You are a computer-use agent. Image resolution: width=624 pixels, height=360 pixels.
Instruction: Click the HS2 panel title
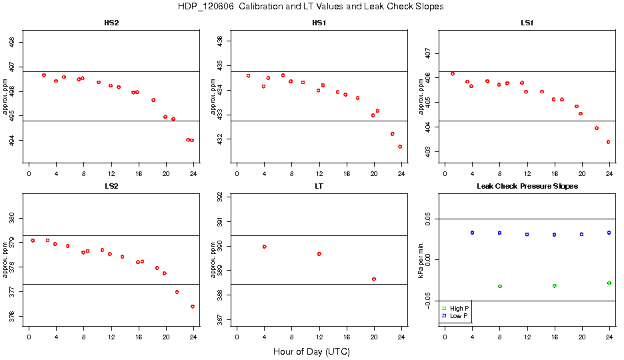(x=112, y=23)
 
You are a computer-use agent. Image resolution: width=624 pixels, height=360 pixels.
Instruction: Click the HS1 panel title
(x=319, y=23)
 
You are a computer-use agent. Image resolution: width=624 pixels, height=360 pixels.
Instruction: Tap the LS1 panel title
(x=527, y=23)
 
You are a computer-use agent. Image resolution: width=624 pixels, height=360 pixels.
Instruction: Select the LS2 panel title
(x=112, y=185)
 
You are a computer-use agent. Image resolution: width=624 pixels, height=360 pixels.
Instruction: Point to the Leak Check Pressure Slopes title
(x=527, y=185)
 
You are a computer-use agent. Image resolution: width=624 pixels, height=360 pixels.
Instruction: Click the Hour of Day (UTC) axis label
(x=311, y=351)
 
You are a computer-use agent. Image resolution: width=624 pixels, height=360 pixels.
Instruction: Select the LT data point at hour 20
(x=374, y=279)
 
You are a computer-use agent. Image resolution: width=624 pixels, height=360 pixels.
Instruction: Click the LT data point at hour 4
(x=265, y=247)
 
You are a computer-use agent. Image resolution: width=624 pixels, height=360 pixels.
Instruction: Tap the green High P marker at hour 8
(x=500, y=286)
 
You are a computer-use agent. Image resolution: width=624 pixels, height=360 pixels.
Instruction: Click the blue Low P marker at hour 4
(x=472, y=233)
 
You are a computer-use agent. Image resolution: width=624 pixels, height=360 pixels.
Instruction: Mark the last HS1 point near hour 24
(x=400, y=147)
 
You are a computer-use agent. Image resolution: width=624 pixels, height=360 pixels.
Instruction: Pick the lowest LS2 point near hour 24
(x=192, y=307)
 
